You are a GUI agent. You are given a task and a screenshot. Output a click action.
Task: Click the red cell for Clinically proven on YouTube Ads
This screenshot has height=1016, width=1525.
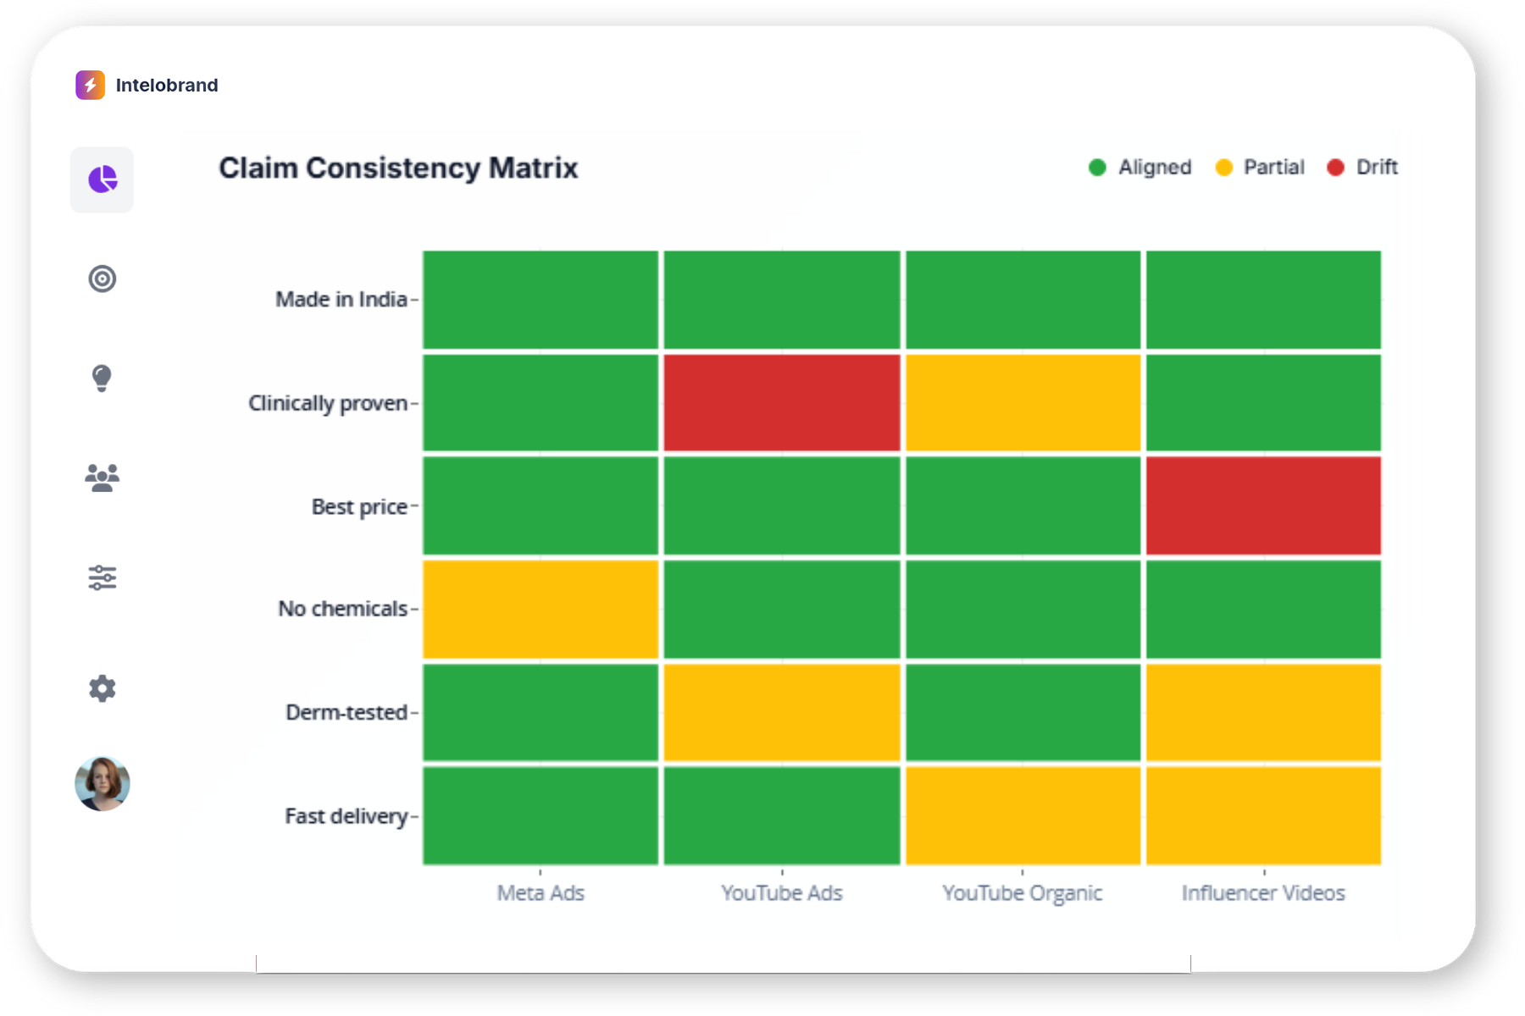tap(781, 403)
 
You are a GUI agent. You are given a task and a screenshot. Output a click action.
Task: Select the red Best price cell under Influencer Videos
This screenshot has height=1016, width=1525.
tap(1263, 505)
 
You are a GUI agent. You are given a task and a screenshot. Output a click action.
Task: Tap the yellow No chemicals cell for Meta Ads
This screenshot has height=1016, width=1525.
tap(541, 609)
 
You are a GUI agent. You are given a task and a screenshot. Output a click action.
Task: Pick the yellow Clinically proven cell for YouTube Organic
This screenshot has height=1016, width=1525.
tap(1023, 403)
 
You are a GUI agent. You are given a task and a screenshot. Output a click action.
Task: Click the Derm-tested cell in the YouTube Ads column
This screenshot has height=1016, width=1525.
tap(781, 712)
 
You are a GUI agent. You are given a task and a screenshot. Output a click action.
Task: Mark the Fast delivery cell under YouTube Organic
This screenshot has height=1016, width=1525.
tap(1023, 815)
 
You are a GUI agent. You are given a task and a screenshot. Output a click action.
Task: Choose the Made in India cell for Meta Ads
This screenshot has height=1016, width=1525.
tap(541, 300)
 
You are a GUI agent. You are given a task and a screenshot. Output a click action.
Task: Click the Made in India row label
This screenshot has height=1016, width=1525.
tap(341, 300)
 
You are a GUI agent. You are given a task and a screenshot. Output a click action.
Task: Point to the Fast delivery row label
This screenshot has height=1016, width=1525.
tap(347, 816)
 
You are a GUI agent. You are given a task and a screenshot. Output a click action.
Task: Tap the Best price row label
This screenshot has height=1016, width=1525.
tap(359, 506)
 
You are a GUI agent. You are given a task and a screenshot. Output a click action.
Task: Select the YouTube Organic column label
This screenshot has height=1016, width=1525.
tap(1022, 893)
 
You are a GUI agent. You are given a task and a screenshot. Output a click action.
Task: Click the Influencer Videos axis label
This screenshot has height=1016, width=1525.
tap(1263, 893)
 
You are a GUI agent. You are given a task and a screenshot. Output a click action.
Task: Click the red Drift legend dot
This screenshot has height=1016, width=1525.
tap(1336, 168)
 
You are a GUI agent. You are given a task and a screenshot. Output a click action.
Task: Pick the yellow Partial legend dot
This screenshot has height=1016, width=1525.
tap(1223, 168)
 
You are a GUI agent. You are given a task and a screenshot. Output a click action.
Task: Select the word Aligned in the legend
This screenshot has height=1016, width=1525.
tap(1155, 168)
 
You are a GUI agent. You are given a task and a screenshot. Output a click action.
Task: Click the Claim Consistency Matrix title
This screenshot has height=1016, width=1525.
tap(398, 168)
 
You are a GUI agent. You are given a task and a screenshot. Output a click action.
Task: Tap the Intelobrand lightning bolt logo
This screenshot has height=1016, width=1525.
tap(91, 85)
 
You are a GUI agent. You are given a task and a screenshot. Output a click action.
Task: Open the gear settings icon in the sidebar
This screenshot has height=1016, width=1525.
tap(103, 688)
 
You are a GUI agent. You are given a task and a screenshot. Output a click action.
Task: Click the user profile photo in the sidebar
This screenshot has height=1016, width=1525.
tap(103, 784)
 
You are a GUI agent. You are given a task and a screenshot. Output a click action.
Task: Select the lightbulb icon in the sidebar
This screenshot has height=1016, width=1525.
tap(102, 378)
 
